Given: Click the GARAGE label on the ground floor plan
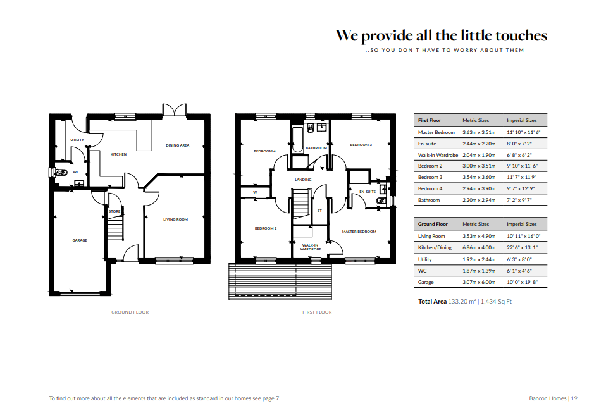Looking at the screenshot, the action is coord(80,240).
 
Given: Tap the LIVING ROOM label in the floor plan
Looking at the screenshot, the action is coord(175,219).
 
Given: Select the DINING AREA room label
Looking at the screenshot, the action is coord(177,145).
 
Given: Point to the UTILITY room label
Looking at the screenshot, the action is coord(77,140).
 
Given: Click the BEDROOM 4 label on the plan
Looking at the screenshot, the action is coord(264,151).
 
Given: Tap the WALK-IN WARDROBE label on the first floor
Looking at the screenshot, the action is coord(311,247).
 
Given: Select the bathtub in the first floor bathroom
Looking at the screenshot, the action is coord(297,139).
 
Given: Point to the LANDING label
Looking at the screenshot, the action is coord(303,180).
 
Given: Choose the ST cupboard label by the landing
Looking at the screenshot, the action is coord(319,211).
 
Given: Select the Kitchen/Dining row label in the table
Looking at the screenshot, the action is coord(435,248).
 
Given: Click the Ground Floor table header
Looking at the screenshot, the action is coord(433,224).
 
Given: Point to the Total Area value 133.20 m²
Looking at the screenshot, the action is coord(462,302).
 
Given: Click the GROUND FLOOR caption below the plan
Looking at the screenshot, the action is coord(130,312).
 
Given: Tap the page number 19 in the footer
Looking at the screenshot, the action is coord(574,398).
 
